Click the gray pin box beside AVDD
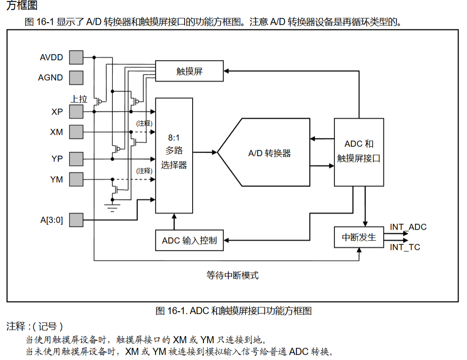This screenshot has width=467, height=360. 76,57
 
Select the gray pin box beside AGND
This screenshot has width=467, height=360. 76,78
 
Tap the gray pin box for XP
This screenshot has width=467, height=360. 76,112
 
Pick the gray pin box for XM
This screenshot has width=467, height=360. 76,132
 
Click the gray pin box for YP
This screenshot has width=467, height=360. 76,159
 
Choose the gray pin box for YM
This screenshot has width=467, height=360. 76,179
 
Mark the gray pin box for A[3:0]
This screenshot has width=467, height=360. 76,219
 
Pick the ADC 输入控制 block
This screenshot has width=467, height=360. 189,241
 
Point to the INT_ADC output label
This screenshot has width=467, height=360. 408,227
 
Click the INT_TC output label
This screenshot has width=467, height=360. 405,247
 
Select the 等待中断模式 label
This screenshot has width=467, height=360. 233,275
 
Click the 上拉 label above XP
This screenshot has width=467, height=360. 79,99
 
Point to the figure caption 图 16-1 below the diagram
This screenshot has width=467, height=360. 233,311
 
